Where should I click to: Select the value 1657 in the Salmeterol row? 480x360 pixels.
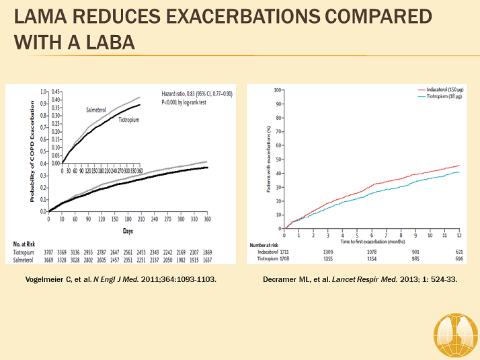[208, 258]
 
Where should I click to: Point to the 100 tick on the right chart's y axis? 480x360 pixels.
[277, 89]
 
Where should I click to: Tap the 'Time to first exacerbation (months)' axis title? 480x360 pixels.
[372, 240]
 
